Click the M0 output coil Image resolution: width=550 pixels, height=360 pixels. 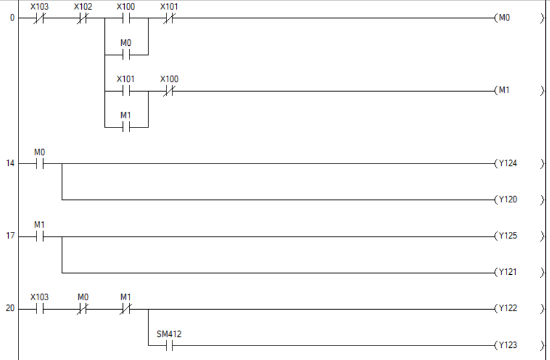(504, 18)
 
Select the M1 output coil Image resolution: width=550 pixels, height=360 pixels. (504, 91)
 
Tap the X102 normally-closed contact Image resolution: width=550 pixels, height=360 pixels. (82, 18)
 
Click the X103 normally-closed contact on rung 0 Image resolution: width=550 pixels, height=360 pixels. (39, 18)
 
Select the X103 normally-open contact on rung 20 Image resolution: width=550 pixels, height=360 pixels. (39, 309)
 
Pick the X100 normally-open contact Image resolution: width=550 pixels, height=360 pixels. (126, 18)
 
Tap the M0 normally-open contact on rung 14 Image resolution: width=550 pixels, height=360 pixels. (39, 164)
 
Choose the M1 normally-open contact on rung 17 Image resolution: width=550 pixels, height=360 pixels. (39, 237)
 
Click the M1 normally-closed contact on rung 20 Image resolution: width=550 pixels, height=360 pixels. (126, 309)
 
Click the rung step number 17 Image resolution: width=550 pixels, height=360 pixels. (10, 237)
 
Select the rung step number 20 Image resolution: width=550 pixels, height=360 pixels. (10, 309)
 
